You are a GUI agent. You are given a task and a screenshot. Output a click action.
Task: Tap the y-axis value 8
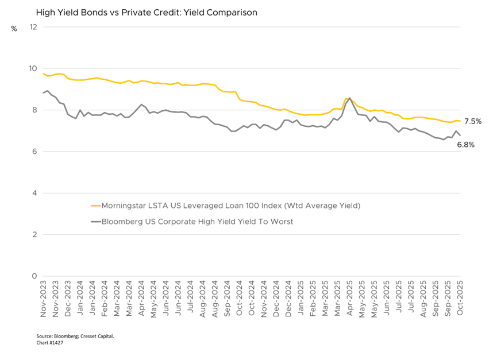coord(35,110)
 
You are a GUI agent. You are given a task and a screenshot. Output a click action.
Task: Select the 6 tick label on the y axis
coord(35,152)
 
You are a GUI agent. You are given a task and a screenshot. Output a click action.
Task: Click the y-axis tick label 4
coord(35,193)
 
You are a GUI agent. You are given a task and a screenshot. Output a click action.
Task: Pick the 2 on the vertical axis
coord(35,234)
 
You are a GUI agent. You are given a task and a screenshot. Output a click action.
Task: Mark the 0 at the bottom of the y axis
coord(35,276)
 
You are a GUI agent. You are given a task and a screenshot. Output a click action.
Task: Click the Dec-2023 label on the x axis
coord(68,299)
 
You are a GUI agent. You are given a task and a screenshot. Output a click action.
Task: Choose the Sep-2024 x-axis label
coord(228,299)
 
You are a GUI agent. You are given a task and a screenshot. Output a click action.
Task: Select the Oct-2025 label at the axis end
coord(460,299)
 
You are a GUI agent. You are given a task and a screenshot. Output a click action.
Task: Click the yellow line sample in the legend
coord(96,205)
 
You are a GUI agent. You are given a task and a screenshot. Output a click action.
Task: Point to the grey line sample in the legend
coord(96,221)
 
